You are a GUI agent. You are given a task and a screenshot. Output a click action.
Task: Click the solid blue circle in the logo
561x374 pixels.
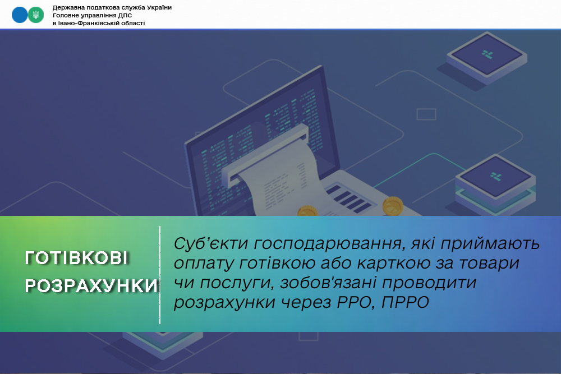[20, 15]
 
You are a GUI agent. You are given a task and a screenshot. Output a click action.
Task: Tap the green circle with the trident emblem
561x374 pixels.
[36, 15]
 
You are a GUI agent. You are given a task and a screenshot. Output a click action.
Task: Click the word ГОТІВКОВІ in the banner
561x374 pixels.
[76, 258]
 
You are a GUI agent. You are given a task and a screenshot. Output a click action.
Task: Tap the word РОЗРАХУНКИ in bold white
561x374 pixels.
[91, 285]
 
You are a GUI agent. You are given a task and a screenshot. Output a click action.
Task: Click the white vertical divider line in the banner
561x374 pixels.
[160, 275]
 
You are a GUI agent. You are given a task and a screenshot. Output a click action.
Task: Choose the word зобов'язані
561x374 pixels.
[328, 283]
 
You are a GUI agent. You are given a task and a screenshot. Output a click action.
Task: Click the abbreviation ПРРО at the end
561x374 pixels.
[405, 302]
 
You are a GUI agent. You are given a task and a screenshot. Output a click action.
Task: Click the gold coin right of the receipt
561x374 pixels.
[393, 206]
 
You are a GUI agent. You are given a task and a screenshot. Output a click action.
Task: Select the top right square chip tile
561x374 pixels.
[486, 57]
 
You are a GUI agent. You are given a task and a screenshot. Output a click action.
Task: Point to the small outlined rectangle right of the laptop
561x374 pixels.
[426, 114]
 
